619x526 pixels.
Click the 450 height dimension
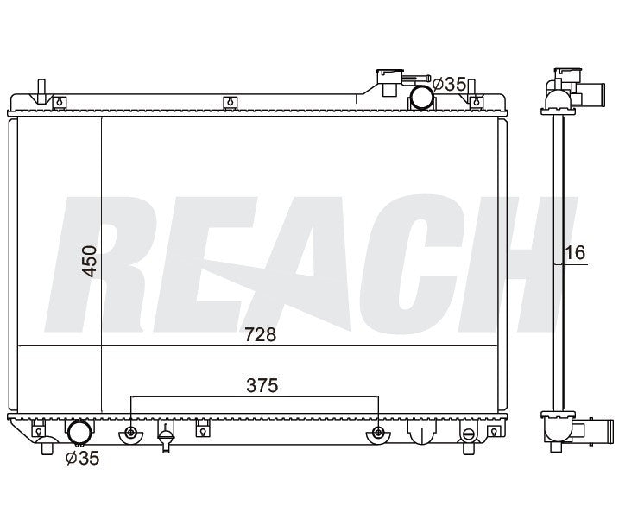point(90,261)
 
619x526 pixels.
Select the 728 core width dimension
point(260,335)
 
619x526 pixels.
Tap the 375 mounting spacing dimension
point(262,385)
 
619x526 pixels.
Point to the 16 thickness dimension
point(575,253)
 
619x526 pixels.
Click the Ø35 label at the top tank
point(450,84)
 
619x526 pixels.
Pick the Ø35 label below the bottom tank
point(83,458)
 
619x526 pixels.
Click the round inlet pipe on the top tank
point(421,97)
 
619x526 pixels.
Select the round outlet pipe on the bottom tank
point(79,433)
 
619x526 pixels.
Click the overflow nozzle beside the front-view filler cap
point(415,79)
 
